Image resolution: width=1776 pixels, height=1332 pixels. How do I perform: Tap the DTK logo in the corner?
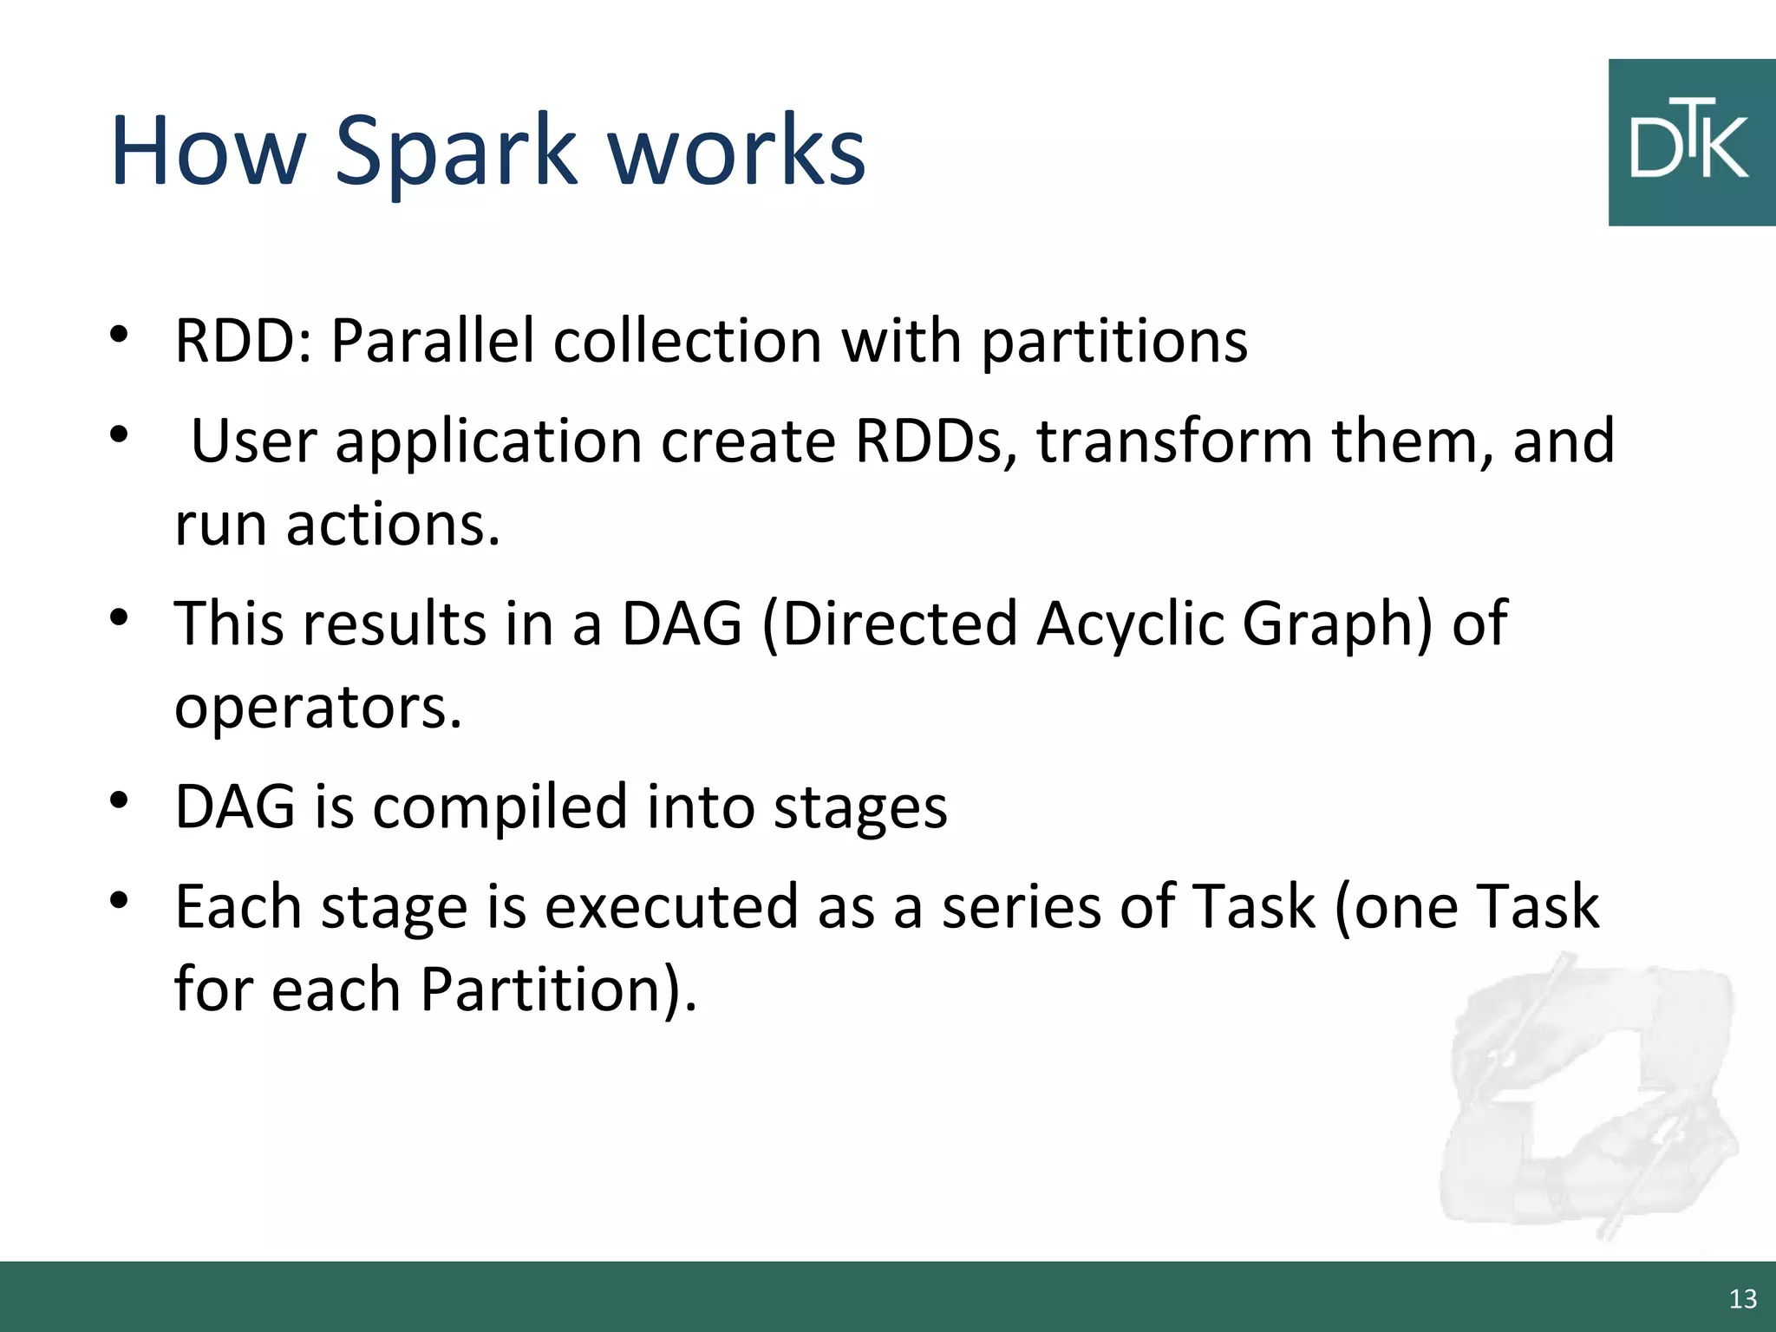[1691, 143]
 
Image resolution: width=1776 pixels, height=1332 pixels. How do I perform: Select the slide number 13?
[1742, 1298]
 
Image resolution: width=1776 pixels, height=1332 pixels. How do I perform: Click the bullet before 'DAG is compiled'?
[120, 799]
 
